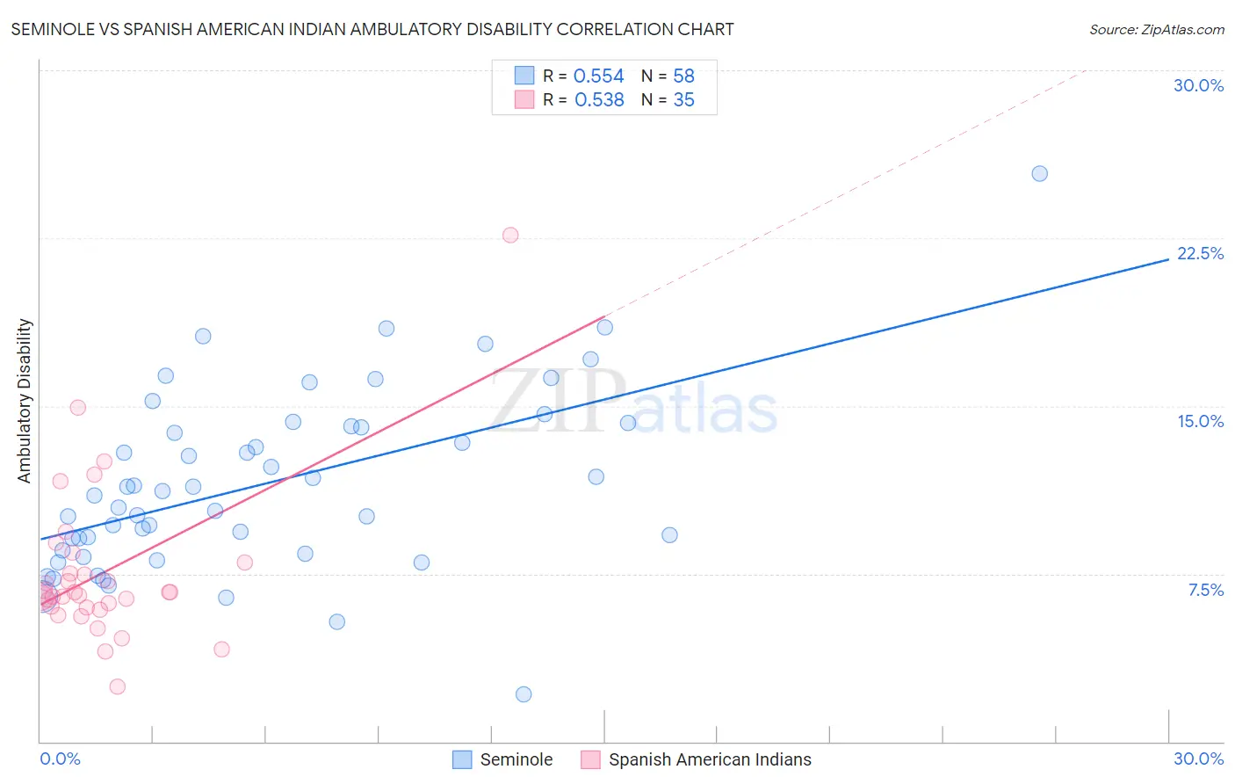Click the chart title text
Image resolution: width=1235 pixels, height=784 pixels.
372,29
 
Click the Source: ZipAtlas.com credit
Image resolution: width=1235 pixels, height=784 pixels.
1156,30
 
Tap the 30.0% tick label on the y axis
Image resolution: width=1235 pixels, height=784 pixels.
1198,85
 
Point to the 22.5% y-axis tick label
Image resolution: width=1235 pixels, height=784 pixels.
1200,253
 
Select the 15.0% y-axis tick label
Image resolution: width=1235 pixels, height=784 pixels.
1200,421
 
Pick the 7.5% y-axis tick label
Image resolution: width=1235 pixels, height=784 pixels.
1205,590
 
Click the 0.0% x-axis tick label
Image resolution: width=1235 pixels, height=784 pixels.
60,759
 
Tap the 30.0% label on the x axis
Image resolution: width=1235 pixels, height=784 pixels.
1198,759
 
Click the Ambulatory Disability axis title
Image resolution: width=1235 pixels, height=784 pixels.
25,401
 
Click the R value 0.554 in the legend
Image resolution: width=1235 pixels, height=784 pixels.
598,76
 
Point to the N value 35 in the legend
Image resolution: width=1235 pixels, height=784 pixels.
683,100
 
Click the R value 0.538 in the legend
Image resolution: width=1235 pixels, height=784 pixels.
599,100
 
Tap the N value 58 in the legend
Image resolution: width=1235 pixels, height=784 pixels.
683,76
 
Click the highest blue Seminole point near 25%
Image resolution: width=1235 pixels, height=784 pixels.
1039,174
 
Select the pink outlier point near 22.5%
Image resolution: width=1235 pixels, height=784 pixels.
510,236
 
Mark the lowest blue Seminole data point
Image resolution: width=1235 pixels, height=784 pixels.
524,694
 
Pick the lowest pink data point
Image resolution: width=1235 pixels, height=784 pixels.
117,686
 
